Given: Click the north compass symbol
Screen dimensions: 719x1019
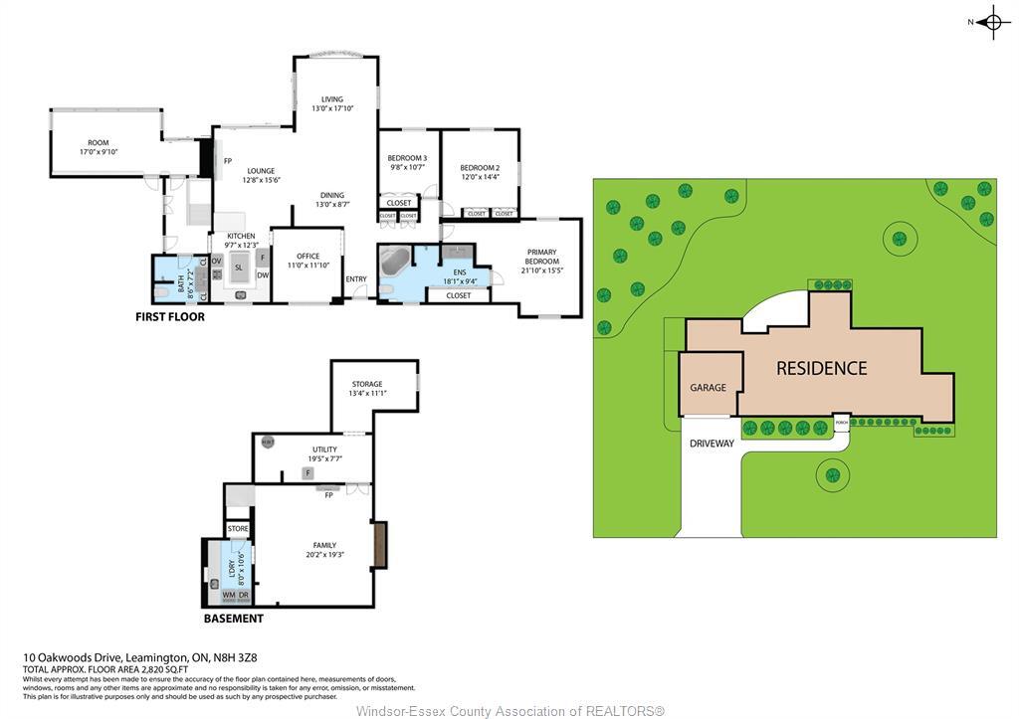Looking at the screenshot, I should (992, 22).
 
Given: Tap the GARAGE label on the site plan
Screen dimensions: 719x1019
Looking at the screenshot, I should (708, 387).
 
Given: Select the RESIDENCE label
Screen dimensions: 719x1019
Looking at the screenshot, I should (821, 368).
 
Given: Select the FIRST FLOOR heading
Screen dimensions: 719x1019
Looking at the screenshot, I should (170, 317).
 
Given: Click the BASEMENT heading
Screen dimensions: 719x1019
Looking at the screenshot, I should (233, 619).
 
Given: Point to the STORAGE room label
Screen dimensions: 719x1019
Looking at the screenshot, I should (366, 385).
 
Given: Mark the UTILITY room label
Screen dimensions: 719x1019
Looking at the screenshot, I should (324, 449).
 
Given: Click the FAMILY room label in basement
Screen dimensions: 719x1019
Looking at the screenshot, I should (324, 546).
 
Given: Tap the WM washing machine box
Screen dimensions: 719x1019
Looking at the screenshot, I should (229, 595).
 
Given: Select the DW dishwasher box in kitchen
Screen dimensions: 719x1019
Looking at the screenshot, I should (263, 275).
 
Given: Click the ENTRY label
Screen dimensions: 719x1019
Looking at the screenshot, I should (356, 278).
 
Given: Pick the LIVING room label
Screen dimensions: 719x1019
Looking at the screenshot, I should (332, 99).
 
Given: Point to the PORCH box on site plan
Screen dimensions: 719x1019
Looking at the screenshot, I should (842, 421).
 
